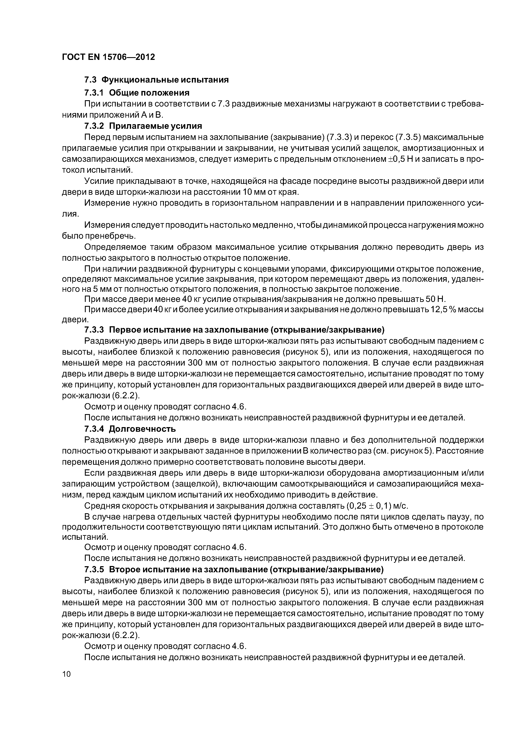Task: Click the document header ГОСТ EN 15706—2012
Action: point(108,57)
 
